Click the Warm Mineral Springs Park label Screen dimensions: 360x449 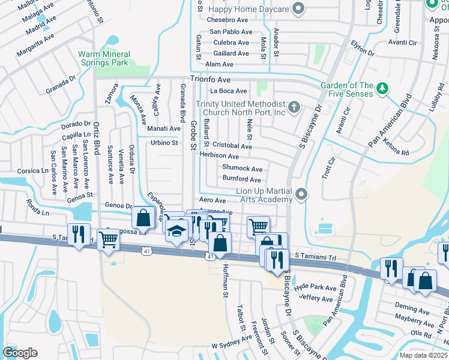103,58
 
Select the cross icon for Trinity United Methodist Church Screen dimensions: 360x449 294,107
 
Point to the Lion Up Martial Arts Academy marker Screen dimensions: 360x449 301,194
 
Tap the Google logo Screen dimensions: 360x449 20,352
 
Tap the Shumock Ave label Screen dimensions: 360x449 242,169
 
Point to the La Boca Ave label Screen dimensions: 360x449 228,91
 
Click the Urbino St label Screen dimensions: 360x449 164,143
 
